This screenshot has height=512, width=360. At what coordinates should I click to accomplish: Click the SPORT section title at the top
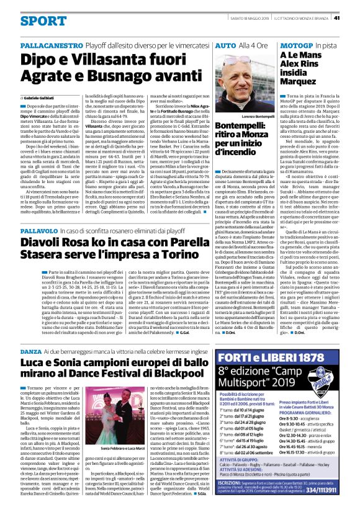point(43,20)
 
